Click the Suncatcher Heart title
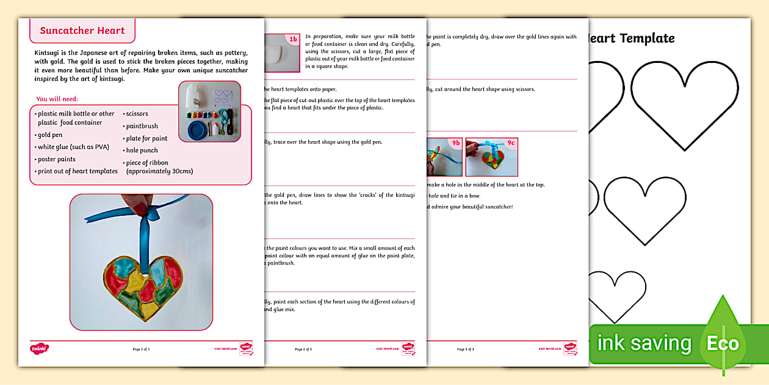[82, 31]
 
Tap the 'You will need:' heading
[57, 99]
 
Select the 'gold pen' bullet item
[50, 135]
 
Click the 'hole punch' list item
[142, 150]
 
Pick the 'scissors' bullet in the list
[137, 114]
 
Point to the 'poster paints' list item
[56, 159]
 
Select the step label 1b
[293, 40]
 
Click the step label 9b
[455, 143]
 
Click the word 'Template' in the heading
[647, 38]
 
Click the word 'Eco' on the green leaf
[723, 343]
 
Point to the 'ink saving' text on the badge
[644, 343]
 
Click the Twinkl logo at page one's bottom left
[39, 348]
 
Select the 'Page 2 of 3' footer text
[303, 349]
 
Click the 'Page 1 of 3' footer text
[141, 349]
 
